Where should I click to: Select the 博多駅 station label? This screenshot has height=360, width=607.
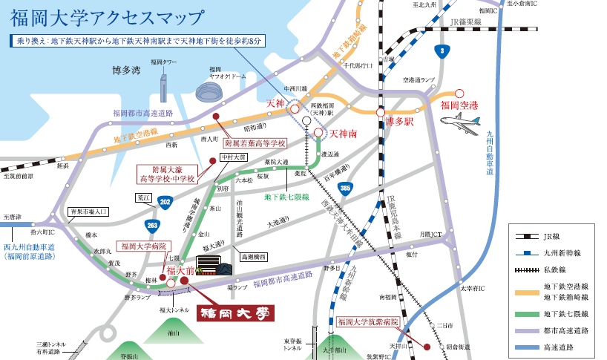point(398,121)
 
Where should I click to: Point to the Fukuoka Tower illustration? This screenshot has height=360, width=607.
point(163,84)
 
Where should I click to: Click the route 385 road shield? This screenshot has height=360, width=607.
point(344,189)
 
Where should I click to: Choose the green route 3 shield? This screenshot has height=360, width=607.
point(442,51)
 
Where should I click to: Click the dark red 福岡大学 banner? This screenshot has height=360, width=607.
point(235,312)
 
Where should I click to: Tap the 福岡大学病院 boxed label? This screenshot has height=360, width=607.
point(145,246)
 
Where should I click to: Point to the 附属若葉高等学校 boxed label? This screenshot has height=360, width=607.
point(255,143)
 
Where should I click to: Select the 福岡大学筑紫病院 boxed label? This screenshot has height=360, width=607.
point(367,322)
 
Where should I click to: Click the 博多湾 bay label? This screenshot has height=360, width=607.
point(127,71)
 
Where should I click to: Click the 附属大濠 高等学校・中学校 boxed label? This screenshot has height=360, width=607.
point(166,174)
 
